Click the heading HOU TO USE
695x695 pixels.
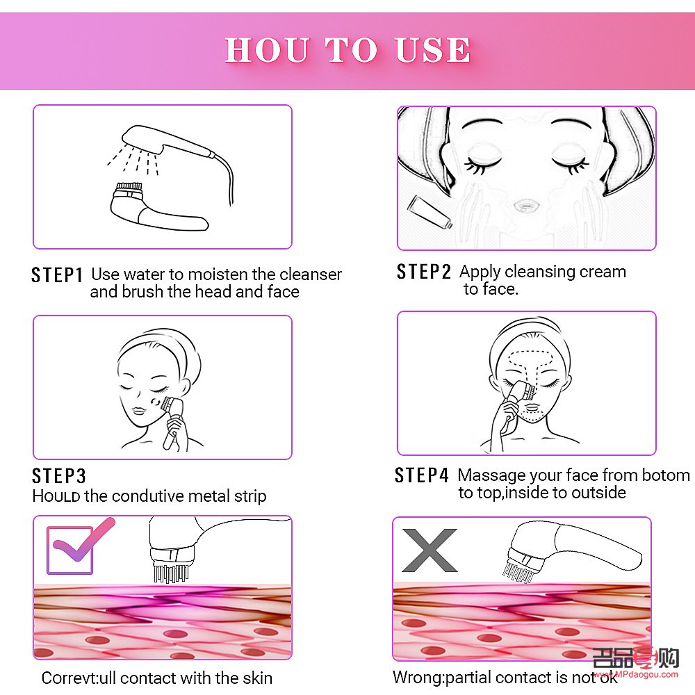click(347, 50)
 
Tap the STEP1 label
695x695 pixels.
click(57, 275)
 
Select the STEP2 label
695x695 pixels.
click(424, 272)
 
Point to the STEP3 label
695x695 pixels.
click(59, 476)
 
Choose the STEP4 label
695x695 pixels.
click(422, 475)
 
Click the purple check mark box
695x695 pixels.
click(71, 549)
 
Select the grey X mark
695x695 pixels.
click(429, 550)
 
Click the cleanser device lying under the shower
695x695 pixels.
click(156, 208)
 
